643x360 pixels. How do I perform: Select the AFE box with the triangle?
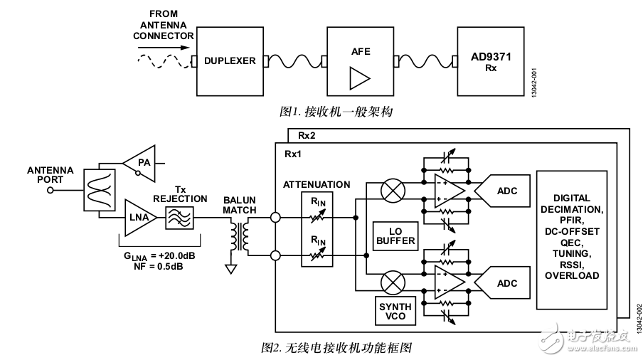coord(359,62)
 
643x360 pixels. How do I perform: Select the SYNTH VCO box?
coord(395,310)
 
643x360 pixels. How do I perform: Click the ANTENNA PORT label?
coord(50,175)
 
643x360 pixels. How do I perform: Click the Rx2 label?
coord(307,135)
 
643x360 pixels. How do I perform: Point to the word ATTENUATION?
coord(317,184)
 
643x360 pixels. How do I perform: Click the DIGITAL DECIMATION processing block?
coord(578,238)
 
